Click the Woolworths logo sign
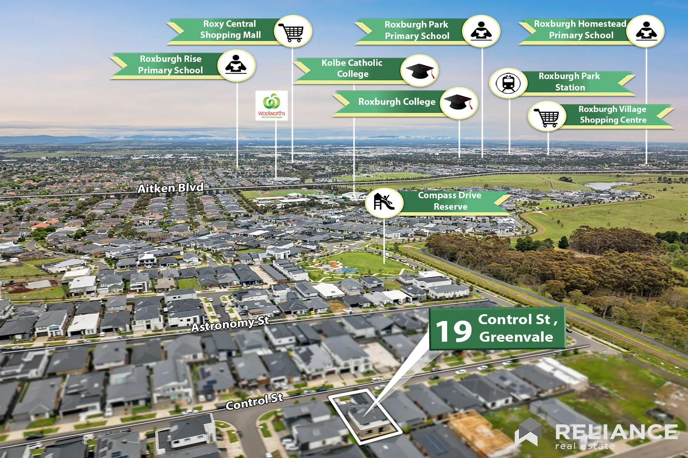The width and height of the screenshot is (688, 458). point(271,105)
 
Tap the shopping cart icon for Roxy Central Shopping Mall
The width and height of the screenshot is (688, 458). point(293,31)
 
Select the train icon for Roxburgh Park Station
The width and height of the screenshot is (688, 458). point(509,83)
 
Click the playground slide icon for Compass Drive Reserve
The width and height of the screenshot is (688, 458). point(384,202)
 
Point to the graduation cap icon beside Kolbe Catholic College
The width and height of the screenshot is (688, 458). point(420,70)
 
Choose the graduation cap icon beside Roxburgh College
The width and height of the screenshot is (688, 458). point(459,103)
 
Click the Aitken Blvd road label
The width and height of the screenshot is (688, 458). point(170,188)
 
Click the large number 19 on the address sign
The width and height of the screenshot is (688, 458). point(454,331)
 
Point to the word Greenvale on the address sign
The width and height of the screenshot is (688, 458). point(516,337)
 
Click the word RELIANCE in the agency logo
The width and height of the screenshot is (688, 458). point(616,432)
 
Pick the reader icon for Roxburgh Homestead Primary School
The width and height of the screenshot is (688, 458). point(646,31)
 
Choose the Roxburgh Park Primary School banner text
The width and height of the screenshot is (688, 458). point(417,30)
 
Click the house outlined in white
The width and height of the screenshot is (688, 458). point(365,416)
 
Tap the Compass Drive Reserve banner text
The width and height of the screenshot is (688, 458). point(450,201)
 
